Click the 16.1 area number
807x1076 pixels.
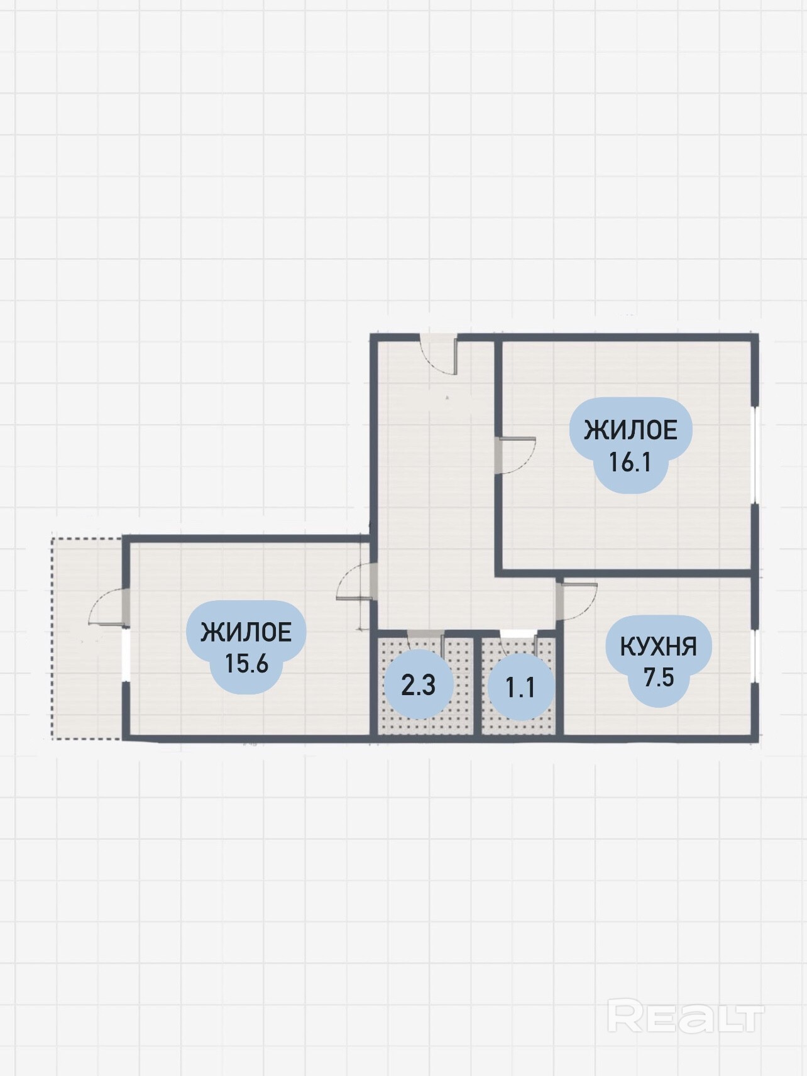pos(630,463)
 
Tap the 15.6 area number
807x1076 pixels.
pos(247,663)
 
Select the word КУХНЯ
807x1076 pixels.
pos(658,646)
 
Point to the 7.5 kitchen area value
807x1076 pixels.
pos(659,678)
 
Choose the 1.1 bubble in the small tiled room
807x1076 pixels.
pos(520,687)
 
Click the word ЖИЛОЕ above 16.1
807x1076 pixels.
pos(630,431)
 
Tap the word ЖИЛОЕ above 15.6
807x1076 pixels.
pos(246,632)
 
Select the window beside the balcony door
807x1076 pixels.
pos(126,654)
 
